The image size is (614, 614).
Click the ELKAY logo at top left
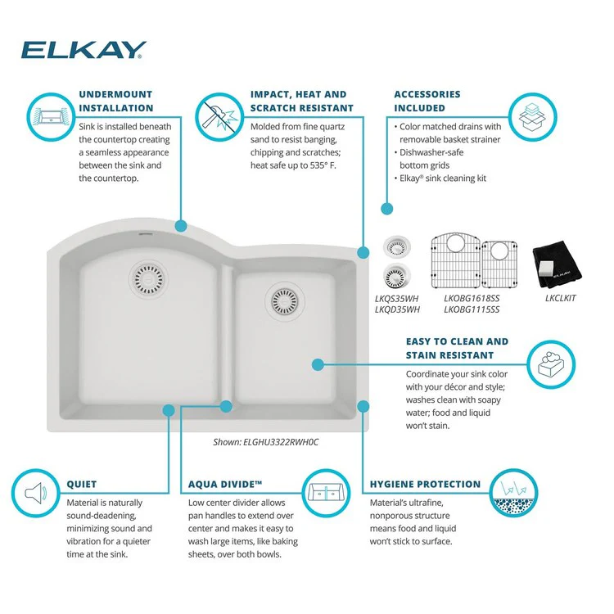pos(84,51)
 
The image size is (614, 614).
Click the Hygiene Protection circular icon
pos(512,494)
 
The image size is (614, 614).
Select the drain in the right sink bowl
pos(286,300)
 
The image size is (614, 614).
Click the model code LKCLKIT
pos(561,298)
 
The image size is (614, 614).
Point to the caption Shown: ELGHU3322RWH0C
pos(265,442)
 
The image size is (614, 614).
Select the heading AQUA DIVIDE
pos(224,485)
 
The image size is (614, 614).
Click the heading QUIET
pos(82,485)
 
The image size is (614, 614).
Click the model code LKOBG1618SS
pos(472,298)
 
